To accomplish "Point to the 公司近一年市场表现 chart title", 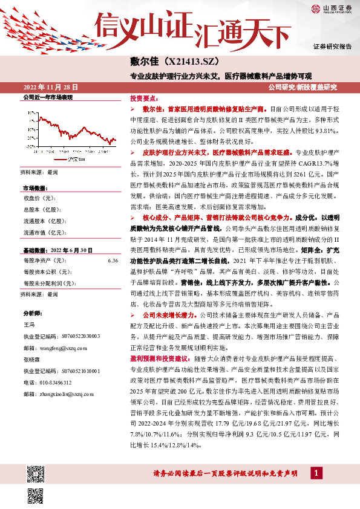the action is [47, 97].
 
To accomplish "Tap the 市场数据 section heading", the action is [35, 188].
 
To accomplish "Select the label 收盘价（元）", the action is [40, 198].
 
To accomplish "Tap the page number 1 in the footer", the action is [316, 472].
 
